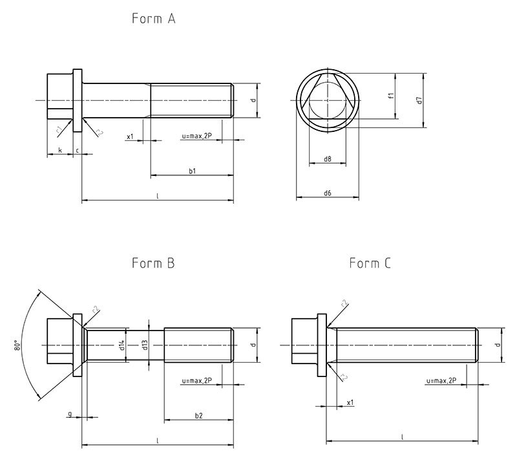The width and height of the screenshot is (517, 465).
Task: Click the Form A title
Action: (x=154, y=19)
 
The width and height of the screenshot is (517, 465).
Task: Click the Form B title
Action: (x=153, y=263)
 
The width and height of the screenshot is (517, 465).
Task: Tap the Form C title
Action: (x=370, y=263)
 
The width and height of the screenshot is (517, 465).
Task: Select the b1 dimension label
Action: (x=192, y=171)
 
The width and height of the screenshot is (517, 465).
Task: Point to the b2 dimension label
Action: (x=199, y=415)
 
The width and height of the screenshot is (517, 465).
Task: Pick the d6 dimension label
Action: (x=328, y=193)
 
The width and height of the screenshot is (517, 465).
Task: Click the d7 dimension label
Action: (x=419, y=100)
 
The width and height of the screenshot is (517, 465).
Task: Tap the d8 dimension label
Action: (x=328, y=158)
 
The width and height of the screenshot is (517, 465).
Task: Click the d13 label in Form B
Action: (x=145, y=345)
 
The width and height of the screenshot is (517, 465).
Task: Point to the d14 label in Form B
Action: (x=121, y=345)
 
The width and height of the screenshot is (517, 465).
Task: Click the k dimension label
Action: (x=60, y=150)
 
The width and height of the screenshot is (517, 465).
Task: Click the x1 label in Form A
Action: (x=130, y=136)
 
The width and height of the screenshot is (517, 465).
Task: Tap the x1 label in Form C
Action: (x=350, y=402)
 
